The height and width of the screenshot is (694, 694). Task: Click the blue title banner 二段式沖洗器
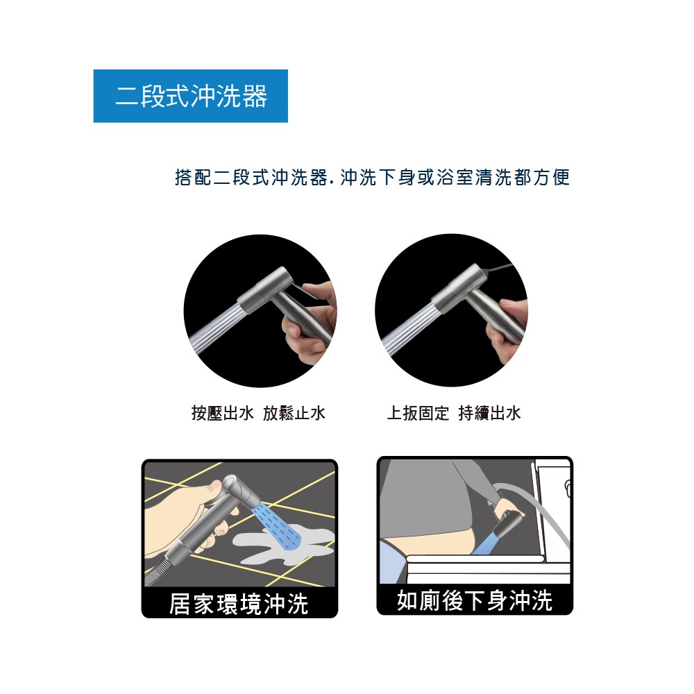pyautogui.click(x=191, y=96)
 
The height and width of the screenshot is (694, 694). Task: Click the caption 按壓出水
pyautogui.click(x=223, y=413)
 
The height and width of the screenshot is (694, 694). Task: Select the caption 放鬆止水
pyautogui.click(x=294, y=413)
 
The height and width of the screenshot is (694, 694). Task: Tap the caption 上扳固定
pyautogui.click(x=418, y=413)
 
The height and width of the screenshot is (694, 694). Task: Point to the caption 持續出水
pyautogui.click(x=489, y=413)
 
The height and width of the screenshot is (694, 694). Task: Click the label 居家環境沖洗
pyautogui.click(x=239, y=603)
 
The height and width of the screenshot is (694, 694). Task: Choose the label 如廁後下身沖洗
pyautogui.click(x=475, y=600)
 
